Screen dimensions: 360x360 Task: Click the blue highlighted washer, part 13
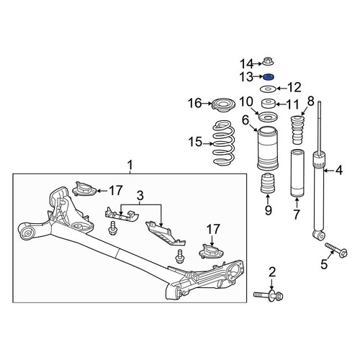tap(269, 77)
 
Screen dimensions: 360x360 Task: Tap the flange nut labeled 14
tap(268, 61)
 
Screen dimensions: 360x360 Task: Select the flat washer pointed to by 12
tap(268, 89)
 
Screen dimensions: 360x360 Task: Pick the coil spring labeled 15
tap(224, 143)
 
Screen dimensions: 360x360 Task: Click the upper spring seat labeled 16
tap(223, 107)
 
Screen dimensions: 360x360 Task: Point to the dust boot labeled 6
tap(268, 148)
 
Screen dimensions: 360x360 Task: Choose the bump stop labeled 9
tap(268, 183)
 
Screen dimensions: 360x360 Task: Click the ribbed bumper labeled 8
tap(297, 130)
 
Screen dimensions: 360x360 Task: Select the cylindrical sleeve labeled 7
tap(297, 174)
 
